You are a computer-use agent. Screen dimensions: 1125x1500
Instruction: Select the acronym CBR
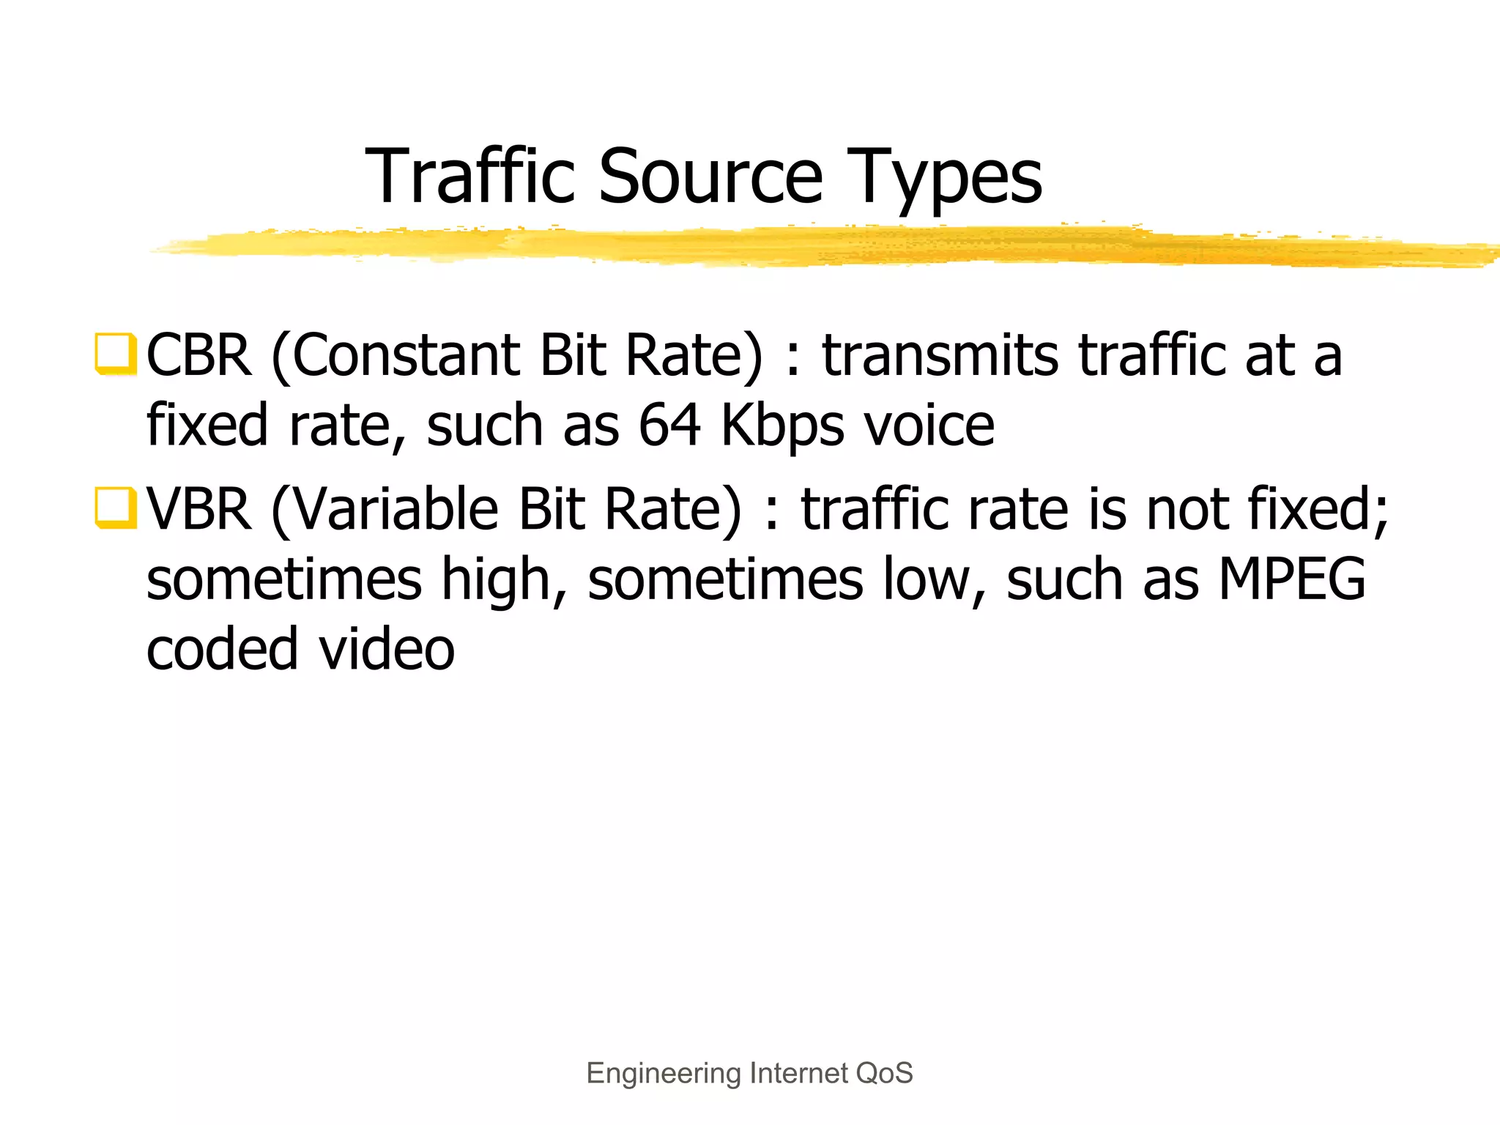(x=198, y=356)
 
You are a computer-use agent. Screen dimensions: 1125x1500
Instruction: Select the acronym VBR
(x=198, y=510)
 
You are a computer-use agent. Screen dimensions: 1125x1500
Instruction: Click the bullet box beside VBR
(x=115, y=508)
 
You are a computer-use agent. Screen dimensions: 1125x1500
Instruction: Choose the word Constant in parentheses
(x=406, y=356)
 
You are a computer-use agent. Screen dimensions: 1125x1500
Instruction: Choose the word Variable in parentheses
(x=396, y=510)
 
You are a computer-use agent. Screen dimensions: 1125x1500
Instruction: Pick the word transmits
(x=940, y=356)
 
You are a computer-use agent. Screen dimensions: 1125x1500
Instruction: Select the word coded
(x=222, y=649)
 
